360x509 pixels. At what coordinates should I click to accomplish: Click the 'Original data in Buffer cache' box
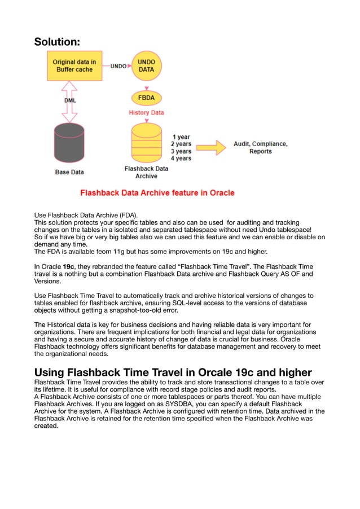(x=73, y=65)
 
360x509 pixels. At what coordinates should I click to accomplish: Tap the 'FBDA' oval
(x=147, y=96)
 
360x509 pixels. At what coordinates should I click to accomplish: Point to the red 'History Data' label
(x=147, y=113)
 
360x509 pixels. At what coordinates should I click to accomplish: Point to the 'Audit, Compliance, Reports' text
(x=260, y=148)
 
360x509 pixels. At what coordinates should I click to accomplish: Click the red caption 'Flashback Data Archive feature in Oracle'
(x=157, y=193)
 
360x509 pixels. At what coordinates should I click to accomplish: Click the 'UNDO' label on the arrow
(x=118, y=66)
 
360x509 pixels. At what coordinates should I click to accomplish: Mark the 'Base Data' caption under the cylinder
(x=69, y=172)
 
